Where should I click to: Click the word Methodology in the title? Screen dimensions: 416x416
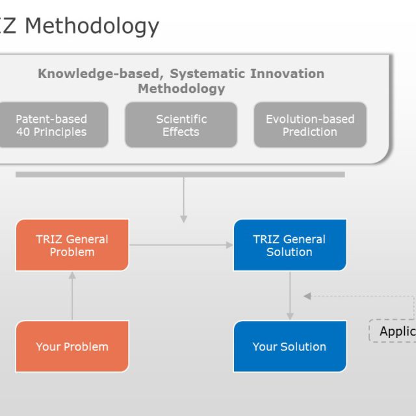click(92, 26)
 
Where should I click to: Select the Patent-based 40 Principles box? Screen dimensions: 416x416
click(51, 125)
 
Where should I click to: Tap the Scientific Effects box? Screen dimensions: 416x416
click(181, 125)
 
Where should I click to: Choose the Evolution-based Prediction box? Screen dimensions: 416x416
click(310, 125)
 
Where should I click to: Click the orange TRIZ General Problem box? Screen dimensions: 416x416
click(71, 245)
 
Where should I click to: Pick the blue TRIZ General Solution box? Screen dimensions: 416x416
click(289, 245)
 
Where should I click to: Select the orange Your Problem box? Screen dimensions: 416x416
click(71, 346)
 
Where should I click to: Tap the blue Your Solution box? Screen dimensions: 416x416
click(289, 346)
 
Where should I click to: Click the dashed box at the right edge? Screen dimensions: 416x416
click(393, 331)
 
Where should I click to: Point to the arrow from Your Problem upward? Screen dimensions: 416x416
click(72, 296)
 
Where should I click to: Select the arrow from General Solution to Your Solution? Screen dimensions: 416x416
click(290, 296)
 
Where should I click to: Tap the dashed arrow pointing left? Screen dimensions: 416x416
click(357, 296)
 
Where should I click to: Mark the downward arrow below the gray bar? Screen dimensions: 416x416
click(184, 200)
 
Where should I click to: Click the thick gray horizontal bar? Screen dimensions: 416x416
click(180, 174)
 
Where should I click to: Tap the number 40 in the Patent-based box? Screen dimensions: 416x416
click(24, 132)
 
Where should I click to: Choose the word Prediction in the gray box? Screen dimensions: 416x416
click(310, 132)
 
